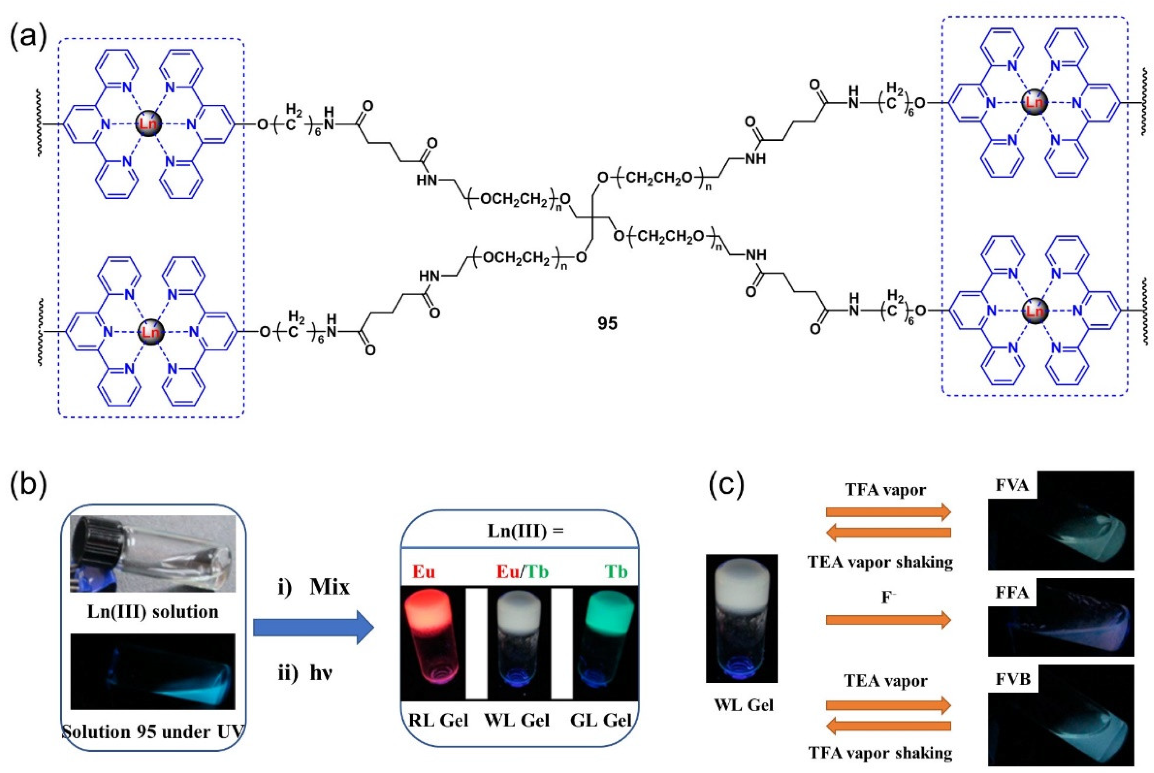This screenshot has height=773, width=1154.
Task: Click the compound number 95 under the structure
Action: tap(607, 323)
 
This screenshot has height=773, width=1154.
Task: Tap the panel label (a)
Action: tap(28, 37)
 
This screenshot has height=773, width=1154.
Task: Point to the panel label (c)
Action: tap(726, 485)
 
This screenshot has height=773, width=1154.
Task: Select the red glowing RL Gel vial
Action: tap(428, 641)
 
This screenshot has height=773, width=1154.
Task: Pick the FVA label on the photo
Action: tap(1012, 485)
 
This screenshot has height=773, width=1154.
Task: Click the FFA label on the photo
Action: tap(1012, 591)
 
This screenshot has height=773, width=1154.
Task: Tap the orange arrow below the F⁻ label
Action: tap(888, 619)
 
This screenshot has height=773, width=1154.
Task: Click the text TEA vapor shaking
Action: tap(880, 562)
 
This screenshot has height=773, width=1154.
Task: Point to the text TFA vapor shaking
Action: tap(880, 753)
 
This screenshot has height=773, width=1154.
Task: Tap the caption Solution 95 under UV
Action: tap(153, 731)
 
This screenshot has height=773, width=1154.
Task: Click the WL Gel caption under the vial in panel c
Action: tap(744, 705)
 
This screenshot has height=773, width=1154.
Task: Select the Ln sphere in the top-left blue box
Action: tap(148, 123)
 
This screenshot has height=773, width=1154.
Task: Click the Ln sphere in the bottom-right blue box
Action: tap(1034, 310)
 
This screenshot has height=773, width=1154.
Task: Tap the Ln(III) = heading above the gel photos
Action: tap(525, 531)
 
